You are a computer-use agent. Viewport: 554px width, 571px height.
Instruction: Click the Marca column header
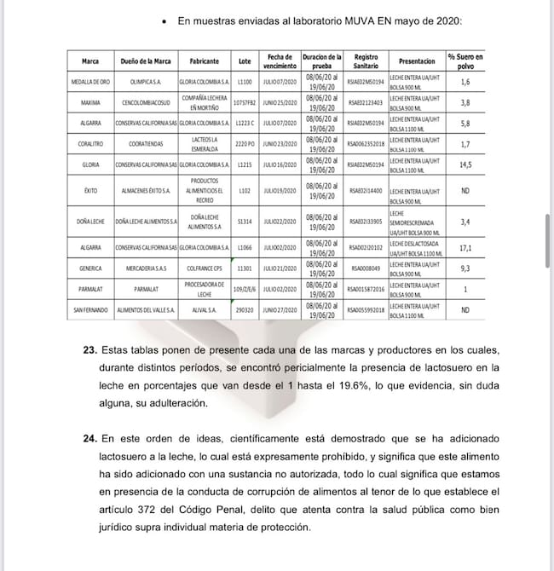pyautogui.click(x=89, y=61)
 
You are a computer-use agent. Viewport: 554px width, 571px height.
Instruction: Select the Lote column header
pyautogui.click(x=245, y=61)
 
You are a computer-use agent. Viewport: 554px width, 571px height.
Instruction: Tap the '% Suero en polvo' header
pyautogui.click(x=465, y=61)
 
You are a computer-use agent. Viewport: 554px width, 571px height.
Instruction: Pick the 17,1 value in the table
pyautogui.click(x=465, y=248)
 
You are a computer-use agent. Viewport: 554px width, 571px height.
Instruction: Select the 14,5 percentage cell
pyautogui.click(x=465, y=165)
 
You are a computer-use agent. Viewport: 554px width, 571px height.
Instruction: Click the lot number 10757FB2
pyautogui.click(x=245, y=103)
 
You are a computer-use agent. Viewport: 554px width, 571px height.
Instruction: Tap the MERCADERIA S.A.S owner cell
pyautogui.click(x=145, y=268)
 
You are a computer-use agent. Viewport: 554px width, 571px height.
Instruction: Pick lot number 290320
pyautogui.click(x=245, y=310)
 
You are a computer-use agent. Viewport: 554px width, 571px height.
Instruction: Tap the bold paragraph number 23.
pyautogui.click(x=89, y=351)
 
